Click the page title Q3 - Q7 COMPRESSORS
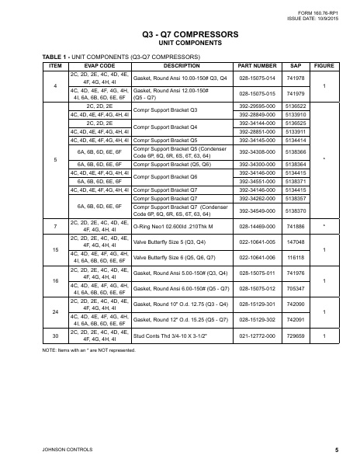pyautogui.click(x=179, y=35)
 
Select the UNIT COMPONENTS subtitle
pyautogui.click(x=179, y=44)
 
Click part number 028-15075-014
pyautogui.click(x=257, y=78)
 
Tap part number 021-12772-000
pyautogui.click(x=257, y=336)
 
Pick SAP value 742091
pyautogui.click(x=296, y=319)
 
